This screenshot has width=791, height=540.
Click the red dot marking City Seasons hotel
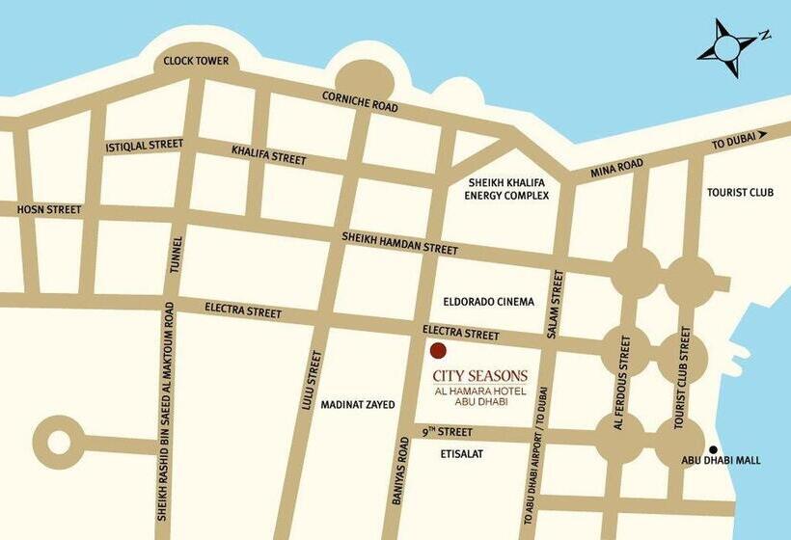(438, 351)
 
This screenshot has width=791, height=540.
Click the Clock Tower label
(196, 61)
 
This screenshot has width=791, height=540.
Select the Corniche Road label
(360, 101)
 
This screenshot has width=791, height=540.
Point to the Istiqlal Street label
(144, 146)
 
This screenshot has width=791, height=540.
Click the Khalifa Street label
(268, 154)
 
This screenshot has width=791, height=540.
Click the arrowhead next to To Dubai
(761, 136)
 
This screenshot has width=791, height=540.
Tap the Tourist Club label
(740, 192)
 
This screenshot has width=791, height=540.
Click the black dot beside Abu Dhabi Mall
(713, 449)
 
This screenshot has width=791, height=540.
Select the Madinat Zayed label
(358, 405)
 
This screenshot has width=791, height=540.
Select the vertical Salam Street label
(555, 304)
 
